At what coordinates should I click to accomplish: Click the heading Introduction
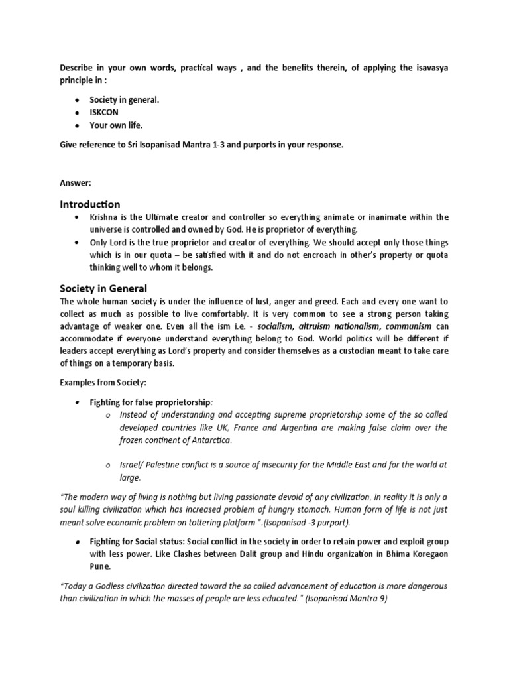coord(90,204)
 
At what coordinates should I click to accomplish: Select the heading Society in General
coord(103,288)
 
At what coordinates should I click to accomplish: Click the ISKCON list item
coord(105,112)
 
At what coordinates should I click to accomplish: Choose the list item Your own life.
coord(117,125)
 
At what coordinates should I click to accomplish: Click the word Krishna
coord(105,217)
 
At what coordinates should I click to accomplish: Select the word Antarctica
coord(211,440)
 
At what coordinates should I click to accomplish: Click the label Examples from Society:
coord(101,383)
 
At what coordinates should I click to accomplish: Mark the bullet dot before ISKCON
coord(78,112)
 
